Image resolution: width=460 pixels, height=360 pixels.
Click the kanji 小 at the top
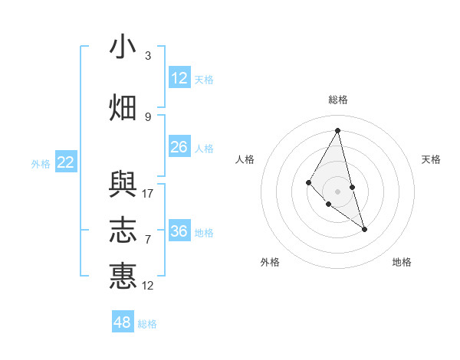pos(123,47)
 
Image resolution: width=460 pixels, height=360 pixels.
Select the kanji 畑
pos(123,107)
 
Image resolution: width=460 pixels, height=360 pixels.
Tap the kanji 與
pos(123,185)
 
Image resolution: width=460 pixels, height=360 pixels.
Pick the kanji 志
pos(123,230)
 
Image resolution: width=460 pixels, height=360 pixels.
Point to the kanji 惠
pos(123,275)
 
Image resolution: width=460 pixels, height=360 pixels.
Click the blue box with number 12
pos(179,77)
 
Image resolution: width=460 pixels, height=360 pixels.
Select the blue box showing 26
pos(179,146)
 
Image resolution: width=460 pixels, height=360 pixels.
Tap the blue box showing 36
pos(179,231)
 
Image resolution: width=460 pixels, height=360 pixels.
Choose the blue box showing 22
pos(66,162)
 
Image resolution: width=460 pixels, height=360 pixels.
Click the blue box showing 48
pos(123,322)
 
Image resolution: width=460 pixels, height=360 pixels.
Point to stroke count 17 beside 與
pos(148,194)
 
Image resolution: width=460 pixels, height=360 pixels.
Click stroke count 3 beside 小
pos(148,56)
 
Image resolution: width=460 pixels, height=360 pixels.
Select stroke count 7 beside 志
pos(148,240)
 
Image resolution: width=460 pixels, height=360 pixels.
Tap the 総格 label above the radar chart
pos(337,100)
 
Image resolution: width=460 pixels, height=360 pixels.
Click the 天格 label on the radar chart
pos(431,159)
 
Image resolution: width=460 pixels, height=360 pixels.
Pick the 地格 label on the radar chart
pos(402,262)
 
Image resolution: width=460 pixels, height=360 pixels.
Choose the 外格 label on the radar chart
pos(270,262)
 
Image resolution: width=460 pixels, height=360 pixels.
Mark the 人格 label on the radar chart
pos(245,159)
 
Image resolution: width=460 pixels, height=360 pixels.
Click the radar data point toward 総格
pos(337,130)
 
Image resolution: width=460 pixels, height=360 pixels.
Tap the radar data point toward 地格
pos(364,229)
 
